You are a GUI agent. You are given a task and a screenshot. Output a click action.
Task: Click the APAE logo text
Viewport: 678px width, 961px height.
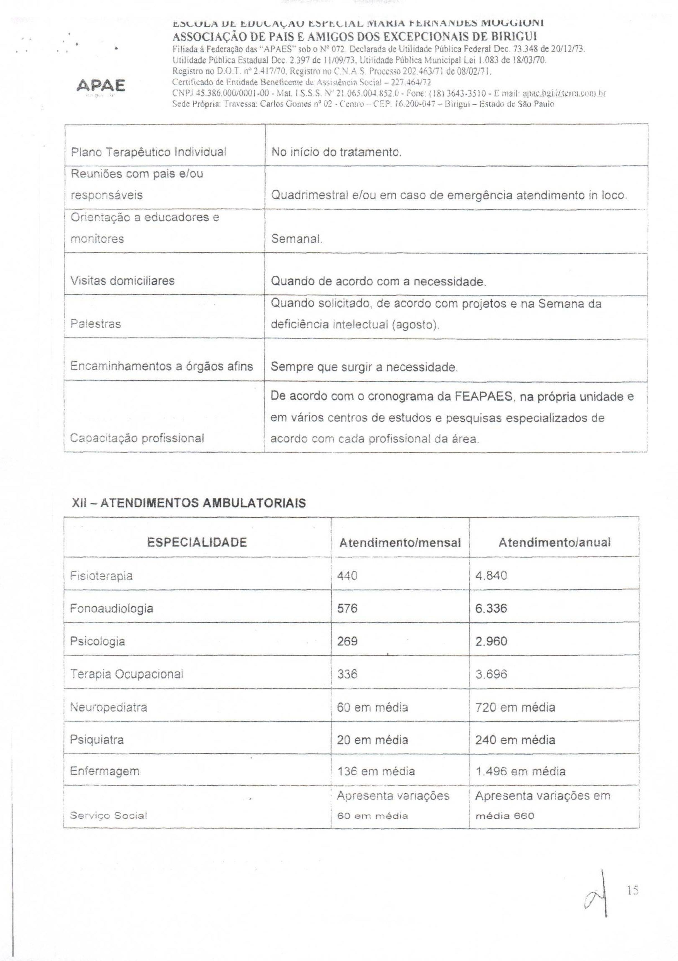(101, 86)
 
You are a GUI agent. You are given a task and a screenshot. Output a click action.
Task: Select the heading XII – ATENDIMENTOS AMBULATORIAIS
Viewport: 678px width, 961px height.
(189, 503)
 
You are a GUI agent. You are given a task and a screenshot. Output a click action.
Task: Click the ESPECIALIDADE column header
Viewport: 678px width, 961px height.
(197, 542)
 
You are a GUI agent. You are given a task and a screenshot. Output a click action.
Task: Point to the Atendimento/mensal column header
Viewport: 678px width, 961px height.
(400, 543)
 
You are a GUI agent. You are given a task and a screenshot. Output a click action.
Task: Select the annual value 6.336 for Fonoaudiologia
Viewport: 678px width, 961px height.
(491, 608)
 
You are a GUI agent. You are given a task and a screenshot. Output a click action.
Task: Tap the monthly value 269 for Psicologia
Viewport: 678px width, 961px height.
(347, 641)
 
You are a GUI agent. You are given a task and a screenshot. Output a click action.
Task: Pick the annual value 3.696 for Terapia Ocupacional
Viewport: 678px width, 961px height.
(491, 674)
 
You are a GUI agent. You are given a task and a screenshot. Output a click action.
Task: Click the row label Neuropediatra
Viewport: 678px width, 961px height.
(108, 707)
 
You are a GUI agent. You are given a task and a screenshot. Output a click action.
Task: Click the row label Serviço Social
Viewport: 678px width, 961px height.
(108, 816)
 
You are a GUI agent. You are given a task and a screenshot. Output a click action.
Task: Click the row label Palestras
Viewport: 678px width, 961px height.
(96, 324)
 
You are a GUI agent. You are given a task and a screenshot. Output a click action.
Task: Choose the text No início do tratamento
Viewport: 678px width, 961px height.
(336, 152)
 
